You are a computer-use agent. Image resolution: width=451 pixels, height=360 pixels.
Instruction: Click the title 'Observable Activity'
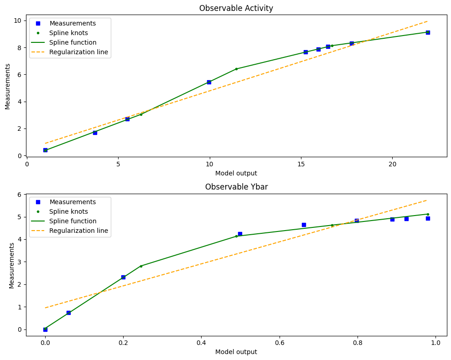click(236, 8)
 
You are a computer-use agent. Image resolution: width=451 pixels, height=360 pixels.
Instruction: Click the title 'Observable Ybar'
click(236, 187)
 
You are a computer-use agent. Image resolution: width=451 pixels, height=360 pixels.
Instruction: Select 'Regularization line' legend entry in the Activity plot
click(79, 52)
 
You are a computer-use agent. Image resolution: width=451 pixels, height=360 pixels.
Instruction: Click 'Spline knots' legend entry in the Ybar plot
click(68, 211)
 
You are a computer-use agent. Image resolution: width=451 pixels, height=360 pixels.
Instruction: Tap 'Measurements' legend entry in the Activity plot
click(73, 23)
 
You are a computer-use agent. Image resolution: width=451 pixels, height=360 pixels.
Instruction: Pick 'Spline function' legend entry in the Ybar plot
click(73, 221)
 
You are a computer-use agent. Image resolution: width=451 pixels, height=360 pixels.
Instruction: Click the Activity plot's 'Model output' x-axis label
click(236, 173)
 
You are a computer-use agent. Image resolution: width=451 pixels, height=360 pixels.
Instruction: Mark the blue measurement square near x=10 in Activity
click(209, 82)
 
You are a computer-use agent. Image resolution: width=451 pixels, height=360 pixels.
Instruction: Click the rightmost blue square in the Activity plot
click(428, 32)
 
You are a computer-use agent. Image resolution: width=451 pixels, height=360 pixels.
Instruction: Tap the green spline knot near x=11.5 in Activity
click(236, 69)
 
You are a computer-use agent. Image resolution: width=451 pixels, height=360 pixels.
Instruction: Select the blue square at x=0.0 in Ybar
click(45, 329)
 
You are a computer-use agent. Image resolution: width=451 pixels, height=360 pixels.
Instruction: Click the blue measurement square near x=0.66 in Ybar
click(304, 225)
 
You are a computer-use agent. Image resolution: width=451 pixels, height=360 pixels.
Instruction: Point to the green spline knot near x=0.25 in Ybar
click(141, 266)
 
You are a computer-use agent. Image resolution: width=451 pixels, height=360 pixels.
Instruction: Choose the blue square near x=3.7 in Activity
click(95, 133)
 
